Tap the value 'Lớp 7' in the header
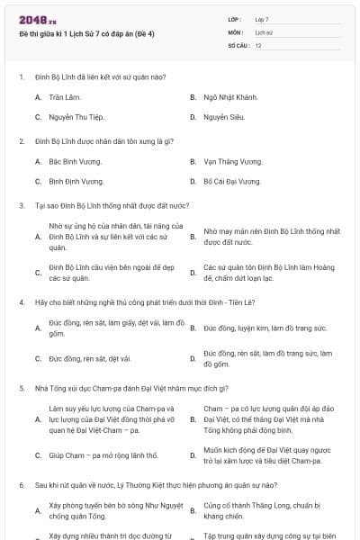point(262,19)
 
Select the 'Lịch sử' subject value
point(264,31)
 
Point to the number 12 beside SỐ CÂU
point(258,44)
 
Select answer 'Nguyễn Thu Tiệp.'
point(76,117)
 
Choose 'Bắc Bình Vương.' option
point(75,161)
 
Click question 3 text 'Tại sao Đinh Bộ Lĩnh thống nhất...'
point(105,204)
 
